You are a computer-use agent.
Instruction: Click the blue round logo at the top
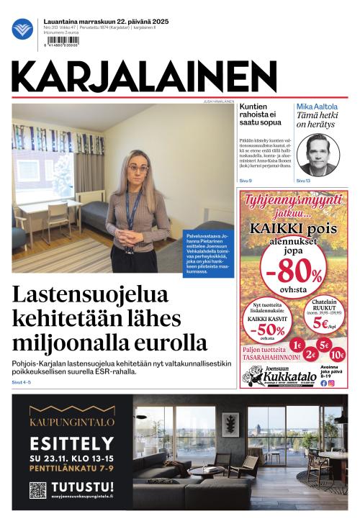[x=22, y=30]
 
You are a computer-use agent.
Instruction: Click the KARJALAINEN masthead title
[x=144, y=77]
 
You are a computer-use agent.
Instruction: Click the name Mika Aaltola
[x=317, y=107]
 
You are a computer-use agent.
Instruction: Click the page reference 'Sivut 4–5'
[x=22, y=382]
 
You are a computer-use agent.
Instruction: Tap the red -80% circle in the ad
[x=294, y=271]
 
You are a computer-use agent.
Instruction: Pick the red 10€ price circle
[x=337, y=354]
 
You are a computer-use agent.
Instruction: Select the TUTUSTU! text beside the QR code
[x=82, y=487]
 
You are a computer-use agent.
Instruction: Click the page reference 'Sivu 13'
[x=303, y=181]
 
